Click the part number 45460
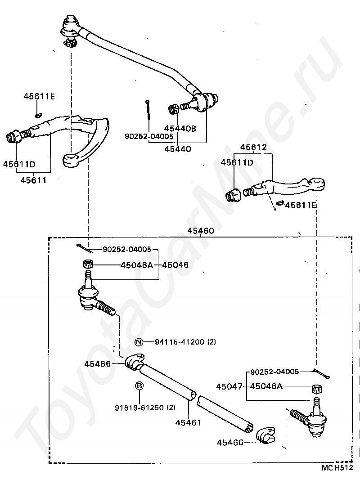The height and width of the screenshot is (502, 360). [201, 230]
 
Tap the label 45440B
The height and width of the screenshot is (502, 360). [180, 128]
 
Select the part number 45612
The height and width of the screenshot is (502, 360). [253, 147]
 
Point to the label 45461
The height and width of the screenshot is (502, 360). [189, 422]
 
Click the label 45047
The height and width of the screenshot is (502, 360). [229, 386]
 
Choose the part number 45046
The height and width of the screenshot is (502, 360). [175, 265]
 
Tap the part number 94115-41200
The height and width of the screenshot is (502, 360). [180, 342]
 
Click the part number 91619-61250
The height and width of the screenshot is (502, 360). [139, 408]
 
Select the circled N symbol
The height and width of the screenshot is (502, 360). [139, 342]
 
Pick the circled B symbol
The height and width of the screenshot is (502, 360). [139, 386]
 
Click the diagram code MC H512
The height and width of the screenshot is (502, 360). [337, 468]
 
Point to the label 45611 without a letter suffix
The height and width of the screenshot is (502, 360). [34, 180]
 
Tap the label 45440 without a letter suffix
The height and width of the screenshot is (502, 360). [178, 149]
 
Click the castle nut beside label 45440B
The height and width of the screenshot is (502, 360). [173, 109]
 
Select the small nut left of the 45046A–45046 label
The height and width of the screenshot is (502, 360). [88, 264]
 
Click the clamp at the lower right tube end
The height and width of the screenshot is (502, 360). [265, 435]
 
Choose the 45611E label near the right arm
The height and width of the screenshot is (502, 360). [301, 205]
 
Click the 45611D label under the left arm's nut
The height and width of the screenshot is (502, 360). [19, 164]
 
